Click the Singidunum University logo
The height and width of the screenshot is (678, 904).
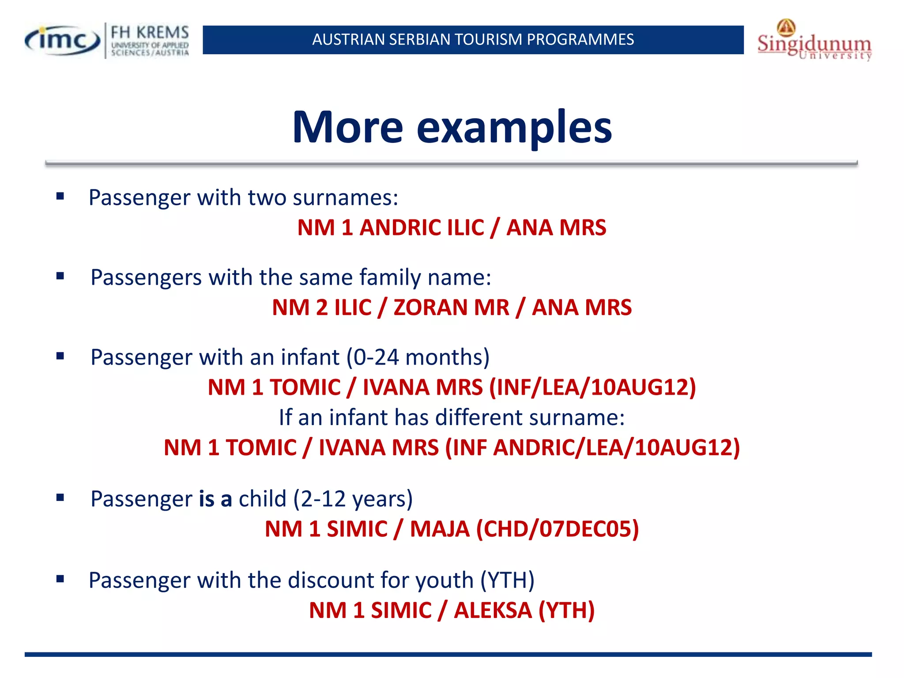point(814,41)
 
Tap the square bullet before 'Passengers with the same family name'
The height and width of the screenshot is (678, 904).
point(60,276)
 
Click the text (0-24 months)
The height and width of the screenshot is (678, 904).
point(418,357)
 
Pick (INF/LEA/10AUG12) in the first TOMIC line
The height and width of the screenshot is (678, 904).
point(592,388)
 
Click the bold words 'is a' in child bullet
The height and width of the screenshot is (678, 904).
point(215,499)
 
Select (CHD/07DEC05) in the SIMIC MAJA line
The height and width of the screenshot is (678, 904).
point(557,529)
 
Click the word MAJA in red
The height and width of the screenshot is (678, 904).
point(440,529)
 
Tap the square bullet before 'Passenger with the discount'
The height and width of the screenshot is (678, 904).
point(60,579)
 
